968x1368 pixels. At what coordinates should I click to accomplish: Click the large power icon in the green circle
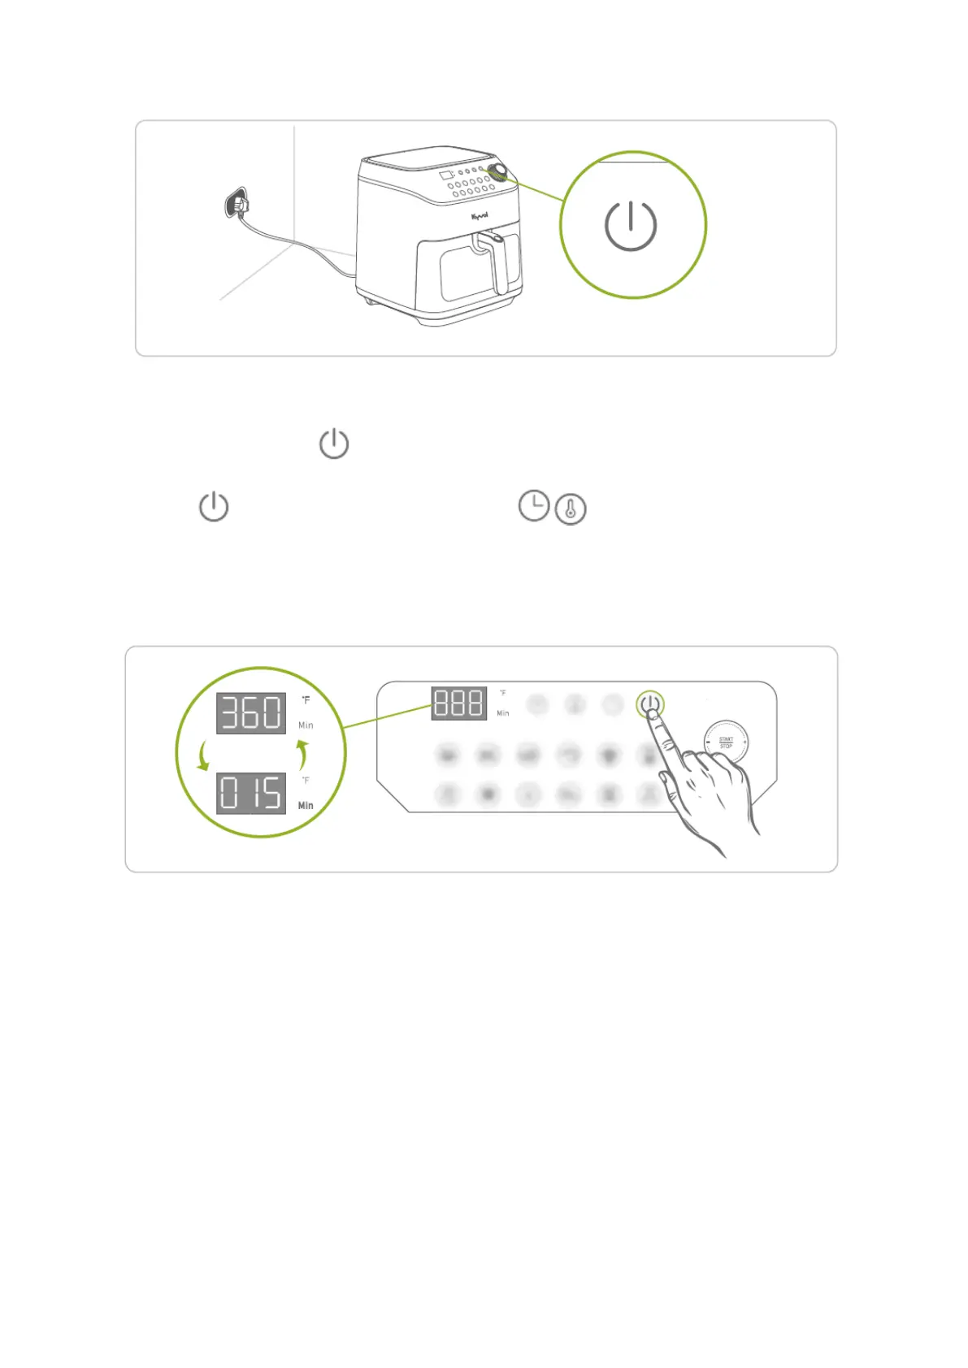tap(631, 225)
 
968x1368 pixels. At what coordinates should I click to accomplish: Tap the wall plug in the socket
tap(237, 203)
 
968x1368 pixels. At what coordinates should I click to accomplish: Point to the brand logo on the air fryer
tap(480, 216)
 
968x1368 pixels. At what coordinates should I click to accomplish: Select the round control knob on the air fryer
tap(498, 171)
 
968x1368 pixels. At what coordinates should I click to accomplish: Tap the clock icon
tap(534, 505)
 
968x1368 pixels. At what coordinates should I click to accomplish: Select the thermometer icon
tap(571, 509)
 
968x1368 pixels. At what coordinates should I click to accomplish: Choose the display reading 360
tap(251, 712)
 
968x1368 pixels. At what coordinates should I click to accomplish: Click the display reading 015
tap(251, 793)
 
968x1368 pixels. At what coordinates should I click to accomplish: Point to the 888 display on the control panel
tap(458, 703)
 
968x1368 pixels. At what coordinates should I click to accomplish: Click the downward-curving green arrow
tap(203, 755)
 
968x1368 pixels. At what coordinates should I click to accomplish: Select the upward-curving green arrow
tap(302, 754)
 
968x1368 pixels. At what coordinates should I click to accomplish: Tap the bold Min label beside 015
tap(306, 805)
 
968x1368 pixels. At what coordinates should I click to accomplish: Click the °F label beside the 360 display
tap(306, 699)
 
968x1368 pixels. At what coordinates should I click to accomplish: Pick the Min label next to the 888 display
tap(503, 713)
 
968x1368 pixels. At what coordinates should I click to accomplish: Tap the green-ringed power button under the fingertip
tap(649, 703)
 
